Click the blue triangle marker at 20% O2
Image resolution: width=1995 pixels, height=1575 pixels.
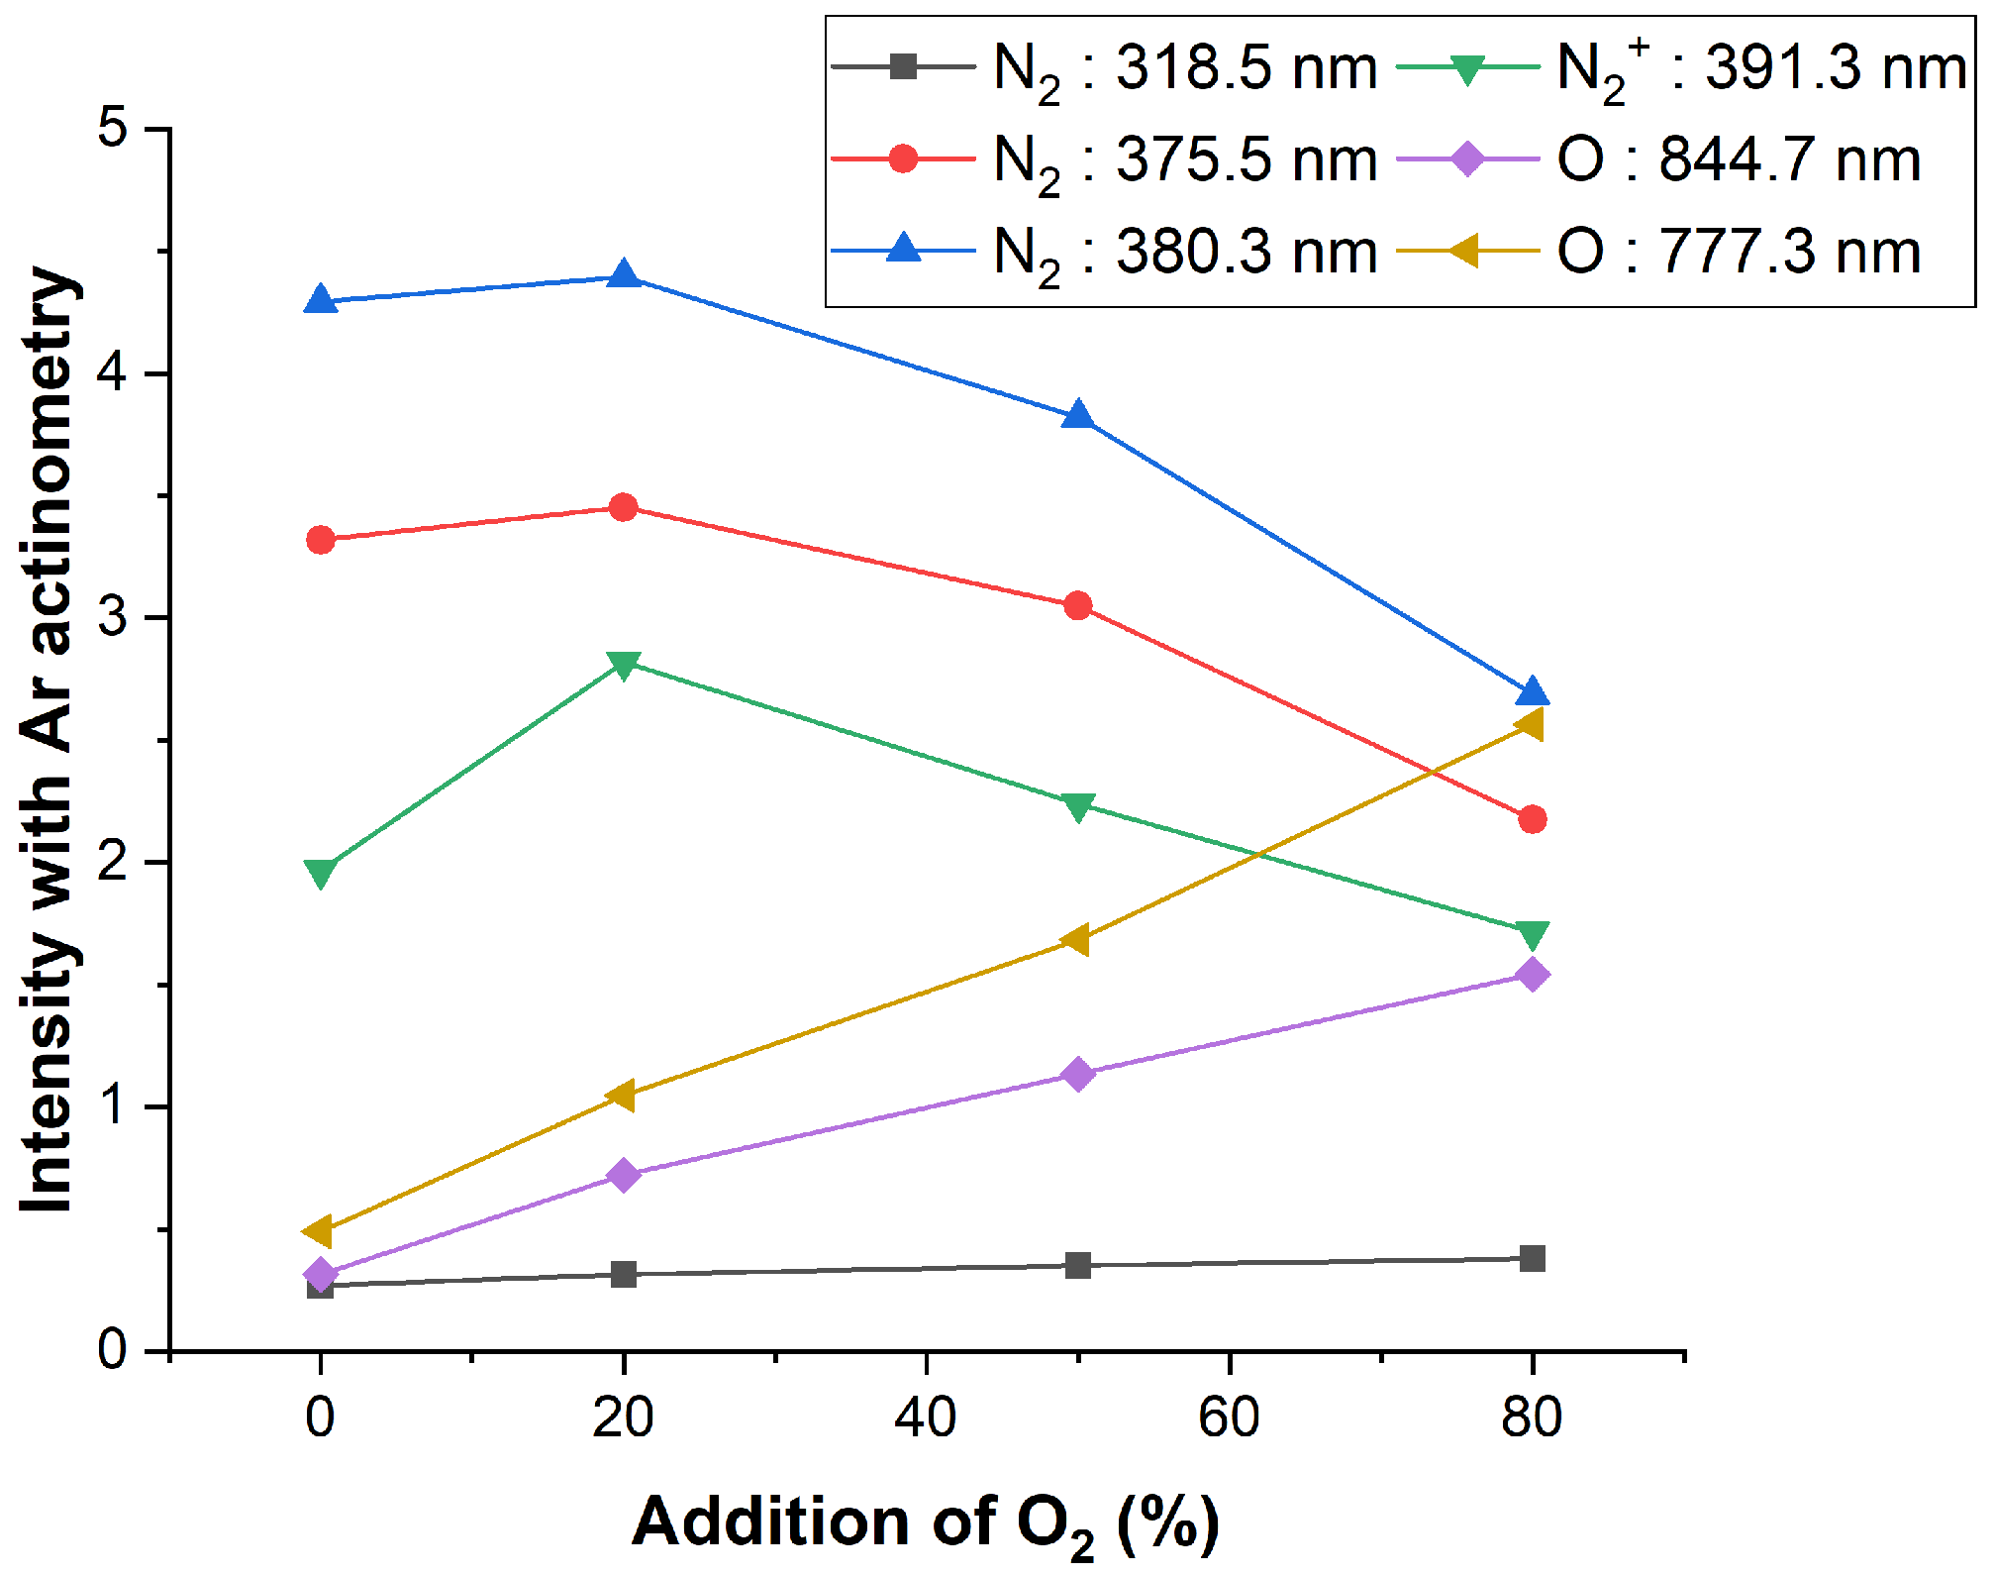(x=624, y=274)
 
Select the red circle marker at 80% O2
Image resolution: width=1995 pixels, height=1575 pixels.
(x=1532, y=819)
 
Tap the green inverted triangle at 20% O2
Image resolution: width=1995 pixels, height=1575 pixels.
(x=624, y=665)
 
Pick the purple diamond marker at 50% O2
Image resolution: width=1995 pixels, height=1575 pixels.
(x=1078, y=1074)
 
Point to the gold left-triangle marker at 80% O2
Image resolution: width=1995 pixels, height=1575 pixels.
(x=1530, y=725)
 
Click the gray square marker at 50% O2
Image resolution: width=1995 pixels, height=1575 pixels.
(x=1078, y=1265)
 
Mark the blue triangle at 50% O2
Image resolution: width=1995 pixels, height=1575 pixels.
(x=1078, y=416)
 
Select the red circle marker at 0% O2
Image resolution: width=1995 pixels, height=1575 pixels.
(x=320, y=540)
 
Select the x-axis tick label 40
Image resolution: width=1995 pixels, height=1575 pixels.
(x=926, y=1417)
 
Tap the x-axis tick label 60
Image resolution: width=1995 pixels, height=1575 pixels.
(x=1229, y=1417)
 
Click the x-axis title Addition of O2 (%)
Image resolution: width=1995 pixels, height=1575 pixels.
(x=926, y=1523)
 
